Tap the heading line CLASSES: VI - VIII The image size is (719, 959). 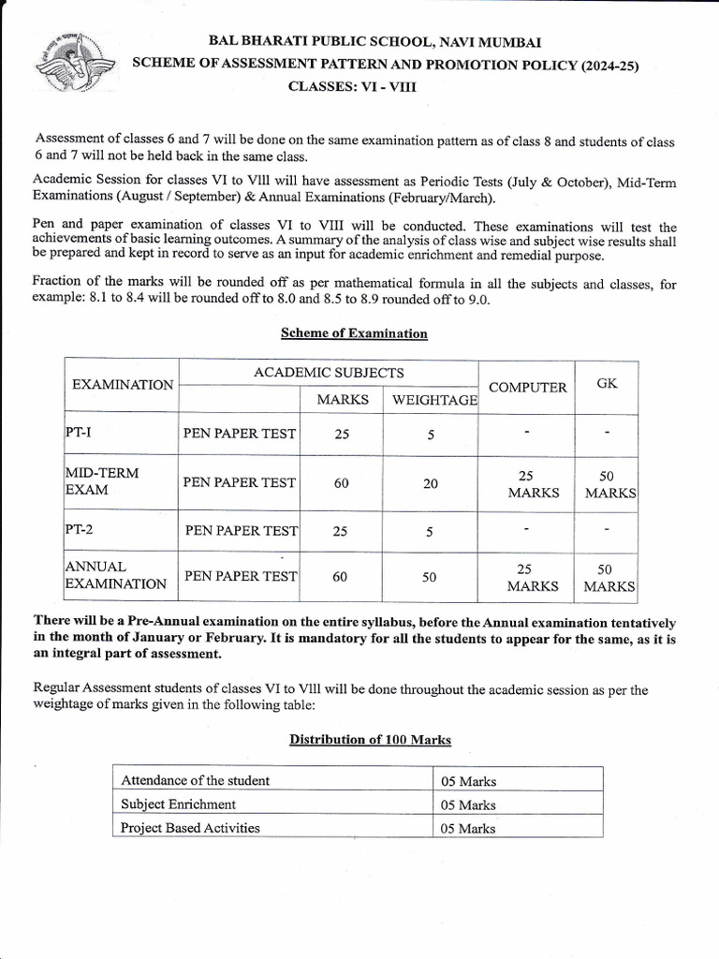pyautogui.click(x=351, y=86)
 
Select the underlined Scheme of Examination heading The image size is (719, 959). pyautogui.click(x=354, y=333)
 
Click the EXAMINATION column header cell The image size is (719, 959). pyautogui.click(x=122, y=385)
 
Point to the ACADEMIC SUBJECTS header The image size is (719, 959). pyautogui.click(x=329, y=373)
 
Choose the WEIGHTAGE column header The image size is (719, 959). pyautogui.click(x=434, y=401)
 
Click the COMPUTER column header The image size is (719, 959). pyautogui.click(x=527, y=387)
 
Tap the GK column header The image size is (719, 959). pyautogui.click(x=607, y=384)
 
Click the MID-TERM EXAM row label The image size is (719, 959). pyautogui.click(x=101, y=481)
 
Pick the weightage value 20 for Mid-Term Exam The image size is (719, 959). pyautogui.click(x=430, y=483)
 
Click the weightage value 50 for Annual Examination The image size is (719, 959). pyautogui.click(x=430, y=577)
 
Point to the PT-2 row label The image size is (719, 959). pyautogui.click(x=79, y=529)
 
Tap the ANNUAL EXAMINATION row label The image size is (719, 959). pyautogui.click(x=115, y=575)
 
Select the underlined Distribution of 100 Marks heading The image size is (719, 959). pyautogui.click(x=370, y=740)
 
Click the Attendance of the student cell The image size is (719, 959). pyautogui.click(x=195, y=780)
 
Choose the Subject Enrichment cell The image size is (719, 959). pyautogui.click(x=178, y=804)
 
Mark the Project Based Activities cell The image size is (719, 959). pyautogui.click(x=190, y=828)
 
